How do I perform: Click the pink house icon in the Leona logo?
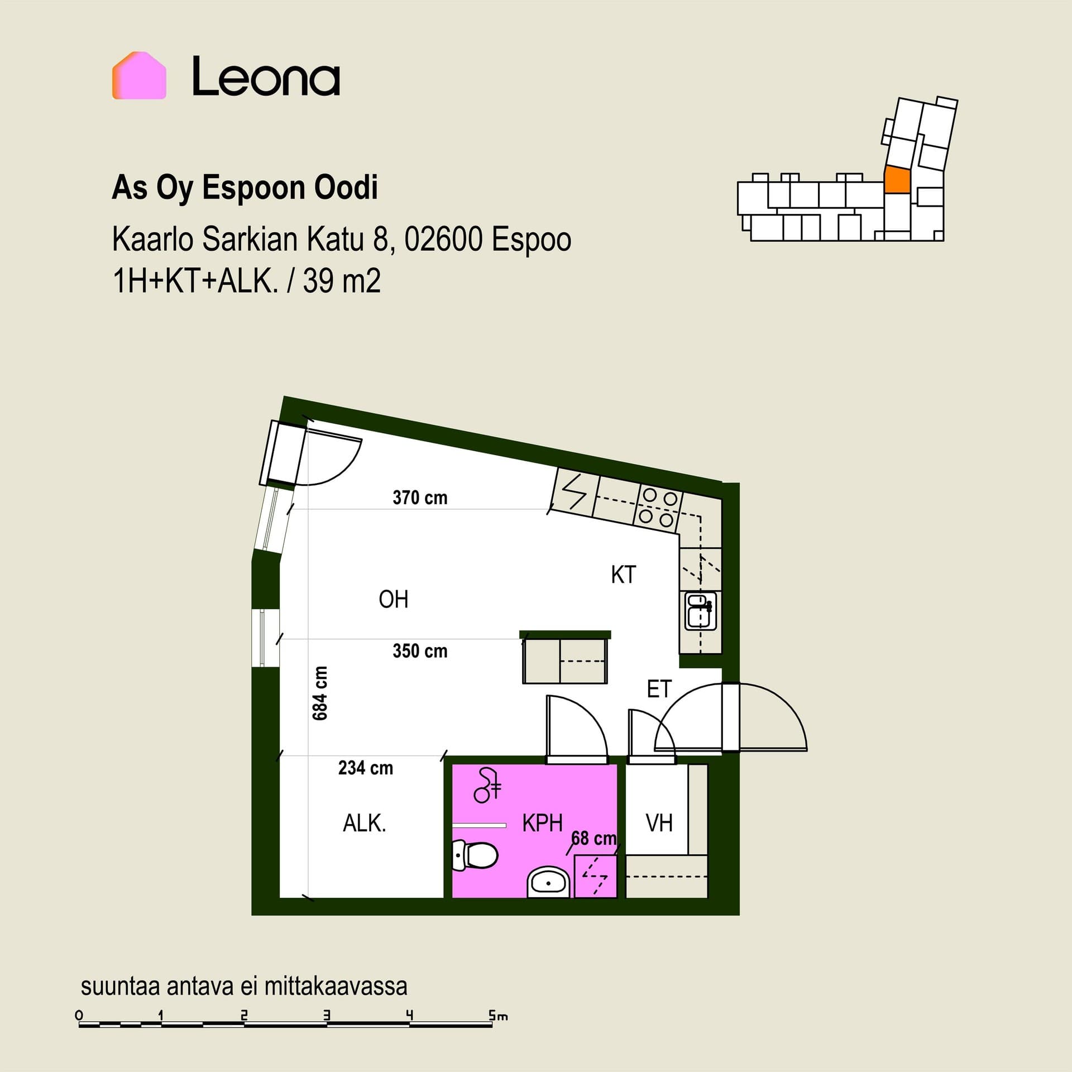(x=139, y=75)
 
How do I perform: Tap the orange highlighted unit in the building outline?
(x=897, y=180)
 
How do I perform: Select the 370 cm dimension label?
(x=420, y=497)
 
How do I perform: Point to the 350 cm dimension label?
(x=420, y=651)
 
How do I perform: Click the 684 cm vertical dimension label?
(x=320, y=693)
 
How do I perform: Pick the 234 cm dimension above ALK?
(x=366, y=768)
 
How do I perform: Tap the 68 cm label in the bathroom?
(x=594, y=838)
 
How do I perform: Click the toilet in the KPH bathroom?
(x=475, y=855)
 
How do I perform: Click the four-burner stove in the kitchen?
(x=658, y=508)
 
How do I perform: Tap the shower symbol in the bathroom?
(x=488, y=785)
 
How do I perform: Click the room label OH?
(x=394, y=599)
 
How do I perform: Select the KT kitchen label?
(x=624, y=575)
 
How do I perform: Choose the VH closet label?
(x=659, y=823)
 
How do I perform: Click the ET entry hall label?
(x=659, y=690)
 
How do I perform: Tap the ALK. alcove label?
(x=365, y=824)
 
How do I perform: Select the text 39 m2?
(x=342, y=280)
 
